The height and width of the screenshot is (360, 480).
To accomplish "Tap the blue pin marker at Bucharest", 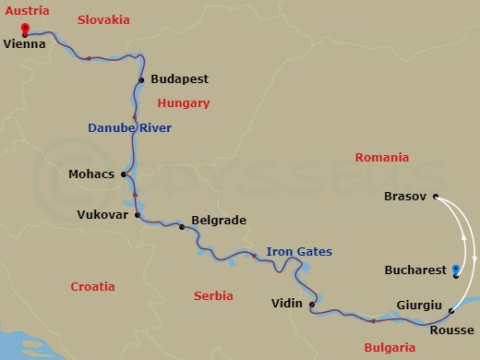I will (x=456, y=270).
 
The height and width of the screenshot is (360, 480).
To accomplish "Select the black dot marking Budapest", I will (x=141, y=80).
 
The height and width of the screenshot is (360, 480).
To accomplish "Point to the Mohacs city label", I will (x=91, y=173).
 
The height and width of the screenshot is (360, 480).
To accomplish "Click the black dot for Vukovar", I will (x=137, y=215).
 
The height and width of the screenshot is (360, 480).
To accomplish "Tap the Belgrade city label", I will (x=218, y=222).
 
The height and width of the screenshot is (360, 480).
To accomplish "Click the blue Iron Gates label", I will (x=299, y=251).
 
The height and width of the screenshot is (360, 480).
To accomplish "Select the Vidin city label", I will (x=287, y=303).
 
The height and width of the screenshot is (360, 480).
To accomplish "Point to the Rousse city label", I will (x=452, y=330).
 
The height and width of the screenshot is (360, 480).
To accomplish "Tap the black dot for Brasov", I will (x=435, y=197).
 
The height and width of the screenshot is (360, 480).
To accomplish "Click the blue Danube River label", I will (x=129, y=128).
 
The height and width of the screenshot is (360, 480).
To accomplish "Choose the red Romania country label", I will (x=381, y=158).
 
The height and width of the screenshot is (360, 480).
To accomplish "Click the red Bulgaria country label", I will (x=390, y=347).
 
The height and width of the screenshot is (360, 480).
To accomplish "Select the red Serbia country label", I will (x=215, y=295).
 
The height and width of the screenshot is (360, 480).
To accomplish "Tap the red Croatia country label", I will (x=93, y=287).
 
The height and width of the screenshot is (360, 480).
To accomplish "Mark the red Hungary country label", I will (x=184, y=103).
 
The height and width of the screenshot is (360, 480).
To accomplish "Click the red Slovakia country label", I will (x=103, y=19).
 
